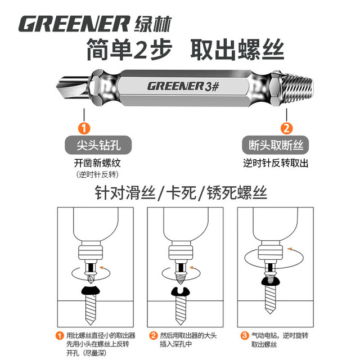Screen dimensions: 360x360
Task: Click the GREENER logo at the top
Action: pos(95,24)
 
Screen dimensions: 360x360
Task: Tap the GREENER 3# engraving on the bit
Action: pos(183,87)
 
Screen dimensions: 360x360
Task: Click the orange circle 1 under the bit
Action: pos(84,128)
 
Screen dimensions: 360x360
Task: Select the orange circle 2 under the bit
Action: pos(286,128)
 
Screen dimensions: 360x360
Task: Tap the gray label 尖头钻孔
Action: pos(98,145)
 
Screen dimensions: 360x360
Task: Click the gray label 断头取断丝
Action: pos(276,145)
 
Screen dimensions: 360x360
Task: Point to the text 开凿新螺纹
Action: pos(97,163)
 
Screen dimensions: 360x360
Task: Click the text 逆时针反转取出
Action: pos(276,163)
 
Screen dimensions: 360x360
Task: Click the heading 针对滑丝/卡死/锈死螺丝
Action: pos(181,193)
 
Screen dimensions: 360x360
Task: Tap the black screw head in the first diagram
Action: pos(91,290)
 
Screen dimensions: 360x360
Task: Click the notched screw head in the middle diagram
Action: pos(181,292)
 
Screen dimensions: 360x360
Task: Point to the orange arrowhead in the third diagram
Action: pos(290,249)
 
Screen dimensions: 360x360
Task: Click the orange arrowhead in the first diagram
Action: pos(101,268)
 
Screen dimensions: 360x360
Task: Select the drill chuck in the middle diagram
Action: pos(181,253)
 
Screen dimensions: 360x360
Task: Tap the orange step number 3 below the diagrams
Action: pos(244,335)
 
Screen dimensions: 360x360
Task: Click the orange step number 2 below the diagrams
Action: pos(153,335)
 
